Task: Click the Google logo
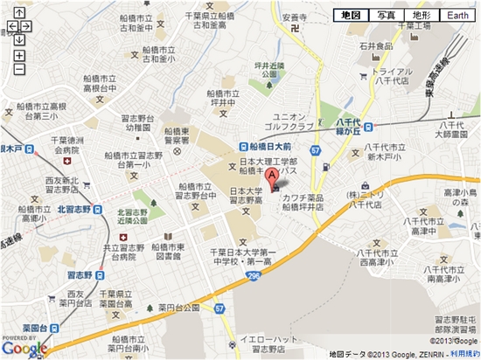click(x=24, y=348)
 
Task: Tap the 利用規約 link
click(x=464, y=353)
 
